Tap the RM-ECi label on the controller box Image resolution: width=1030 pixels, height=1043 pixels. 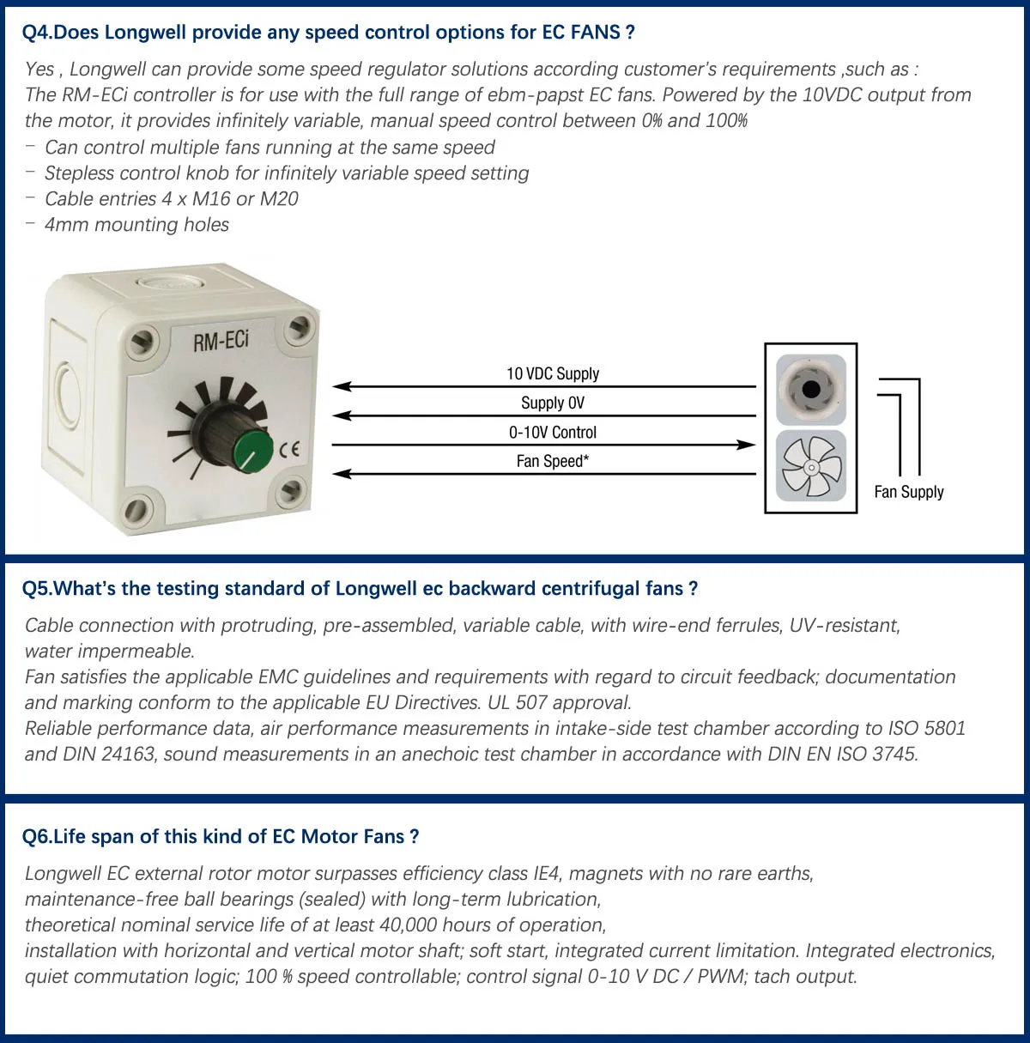click(221, 341)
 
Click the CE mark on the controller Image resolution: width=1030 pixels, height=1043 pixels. click(289, 448)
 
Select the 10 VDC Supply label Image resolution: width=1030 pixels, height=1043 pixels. click(553, 373)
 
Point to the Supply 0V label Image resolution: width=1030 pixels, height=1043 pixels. click(553, 403)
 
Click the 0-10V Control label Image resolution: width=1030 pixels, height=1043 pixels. click(553, 432)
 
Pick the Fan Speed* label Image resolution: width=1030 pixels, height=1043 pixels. click(553, 461)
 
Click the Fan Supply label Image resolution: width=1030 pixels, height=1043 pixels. click(909, 492)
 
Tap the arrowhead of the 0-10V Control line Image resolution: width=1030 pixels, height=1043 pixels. click(746, 445)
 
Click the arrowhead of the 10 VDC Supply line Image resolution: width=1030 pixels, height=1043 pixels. click(342, 386)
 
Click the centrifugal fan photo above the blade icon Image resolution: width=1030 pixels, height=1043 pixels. click(810, 390)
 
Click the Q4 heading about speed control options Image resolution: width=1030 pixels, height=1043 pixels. click(329, 33)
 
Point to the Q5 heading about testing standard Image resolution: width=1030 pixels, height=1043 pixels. click(360, 588)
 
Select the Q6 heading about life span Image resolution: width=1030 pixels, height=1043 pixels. click(221, 836)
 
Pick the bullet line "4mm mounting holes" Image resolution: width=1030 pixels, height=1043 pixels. click(136, 225)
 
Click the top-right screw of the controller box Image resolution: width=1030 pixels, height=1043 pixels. click(299, 326)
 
